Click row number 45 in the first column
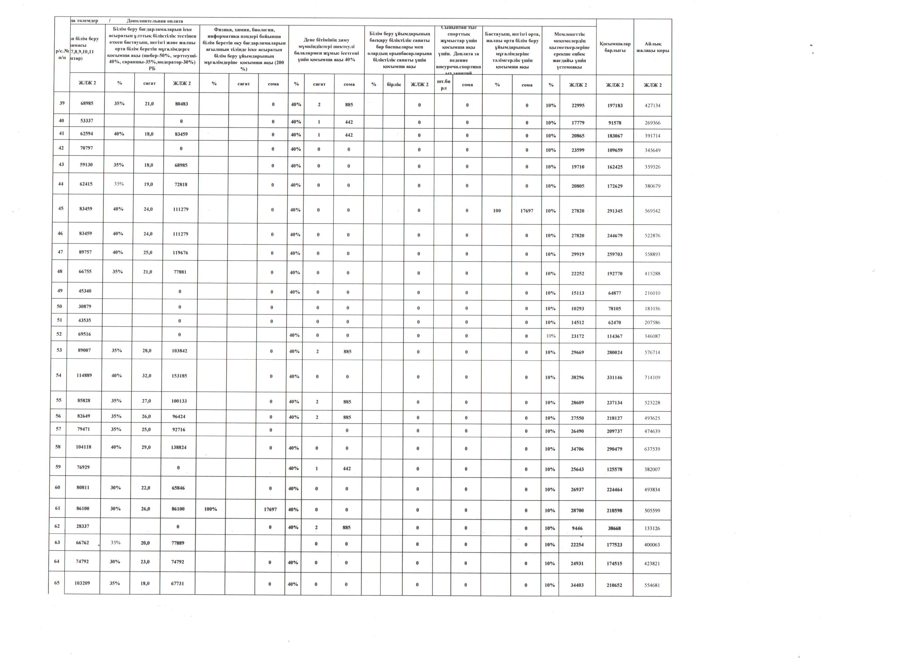(x=61, y=208)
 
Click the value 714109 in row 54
(x=652, y=378)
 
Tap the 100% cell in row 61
(x=210, y=509)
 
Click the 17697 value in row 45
(x=527, y=211)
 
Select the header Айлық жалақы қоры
(x=653, y=47)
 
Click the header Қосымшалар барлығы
(x=615, y=47)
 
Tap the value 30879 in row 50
(x=84, y=307)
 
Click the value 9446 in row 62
(x=577, y=528)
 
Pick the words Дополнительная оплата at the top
(x=155, y=21)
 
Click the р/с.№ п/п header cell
(x=61, y=54)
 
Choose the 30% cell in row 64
(x=115, y=562)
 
